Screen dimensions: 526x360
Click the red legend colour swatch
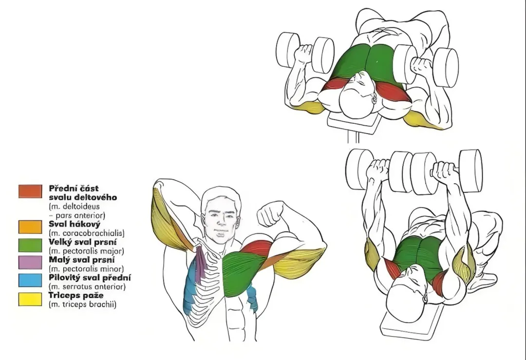point(30,191)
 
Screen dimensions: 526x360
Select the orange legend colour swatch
point(30,227)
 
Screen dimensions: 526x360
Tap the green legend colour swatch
point(30,245)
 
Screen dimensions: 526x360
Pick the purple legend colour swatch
point(30,263)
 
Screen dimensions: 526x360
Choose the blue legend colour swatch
point(30,281)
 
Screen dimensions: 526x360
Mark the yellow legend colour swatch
point(30,299)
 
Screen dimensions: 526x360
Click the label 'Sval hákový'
point(75,224)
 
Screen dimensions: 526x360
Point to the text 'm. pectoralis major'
point(87,250)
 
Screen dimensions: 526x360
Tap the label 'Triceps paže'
point(76,296)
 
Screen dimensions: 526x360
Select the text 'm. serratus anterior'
point(87,286)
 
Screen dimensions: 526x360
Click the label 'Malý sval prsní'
point(82,260)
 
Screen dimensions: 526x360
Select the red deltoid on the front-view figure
point(257,248)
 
